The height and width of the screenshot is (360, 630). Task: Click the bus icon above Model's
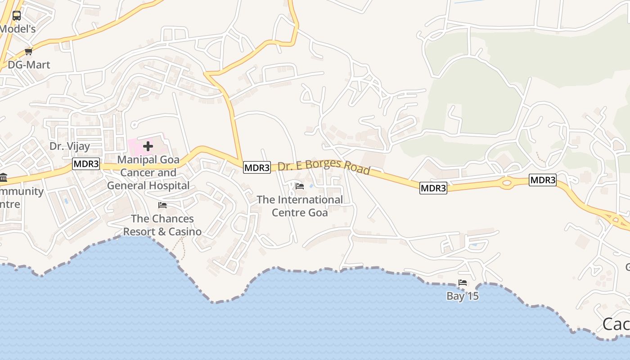[17, 16]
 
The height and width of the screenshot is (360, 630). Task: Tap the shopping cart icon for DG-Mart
[29, 51]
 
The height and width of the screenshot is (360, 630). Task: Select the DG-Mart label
[29, 65]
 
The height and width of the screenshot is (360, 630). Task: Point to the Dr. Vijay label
[70, 146]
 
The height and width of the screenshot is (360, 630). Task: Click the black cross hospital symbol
[148, 146]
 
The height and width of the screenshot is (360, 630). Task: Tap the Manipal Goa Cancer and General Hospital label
[148, 172]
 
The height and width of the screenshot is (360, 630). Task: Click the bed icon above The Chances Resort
[162, 205]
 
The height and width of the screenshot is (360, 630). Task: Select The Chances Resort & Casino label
[162, 225]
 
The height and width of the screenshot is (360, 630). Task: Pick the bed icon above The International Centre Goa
[300, 186]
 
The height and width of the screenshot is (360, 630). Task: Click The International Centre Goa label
[300, 206]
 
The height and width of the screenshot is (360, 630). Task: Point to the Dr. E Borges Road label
[324, 166]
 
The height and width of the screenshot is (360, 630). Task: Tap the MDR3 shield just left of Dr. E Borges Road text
[257, 168]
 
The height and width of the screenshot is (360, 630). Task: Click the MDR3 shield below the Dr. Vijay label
[86, 164]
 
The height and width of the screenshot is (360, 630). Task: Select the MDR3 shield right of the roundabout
[543, 180]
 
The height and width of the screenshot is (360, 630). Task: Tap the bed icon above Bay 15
[462, 283]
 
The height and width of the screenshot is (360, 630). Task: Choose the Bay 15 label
[462, 296]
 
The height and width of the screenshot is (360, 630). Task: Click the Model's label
[17, 29]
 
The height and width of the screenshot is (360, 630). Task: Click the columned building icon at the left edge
[3, 177]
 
